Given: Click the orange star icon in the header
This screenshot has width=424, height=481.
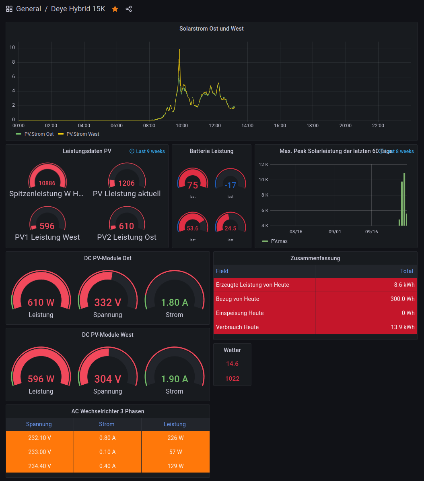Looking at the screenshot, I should pyautogui.click(x=115, y=9).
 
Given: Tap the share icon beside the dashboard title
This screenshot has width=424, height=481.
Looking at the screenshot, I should pyautogui.click(x=129, y=9).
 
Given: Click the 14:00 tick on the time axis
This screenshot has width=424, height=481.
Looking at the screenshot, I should pyautogui.click(x=247, y=126).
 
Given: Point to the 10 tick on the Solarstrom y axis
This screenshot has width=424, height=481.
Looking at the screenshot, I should pyautogui.click(x=12, y=48).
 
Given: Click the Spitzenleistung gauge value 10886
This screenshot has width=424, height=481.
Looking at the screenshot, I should pyautogui.click(x=47, y=183).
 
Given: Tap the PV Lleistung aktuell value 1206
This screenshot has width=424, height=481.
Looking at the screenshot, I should pyautogui.click(x=126, y=183).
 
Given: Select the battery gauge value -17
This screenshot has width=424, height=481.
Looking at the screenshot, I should pyautogui.click(x=230, y=185).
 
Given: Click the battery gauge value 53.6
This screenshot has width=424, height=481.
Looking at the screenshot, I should pyautogui.click(x=193, y=228).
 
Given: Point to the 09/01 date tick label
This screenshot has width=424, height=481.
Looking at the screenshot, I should pyautogui.click(x=335, y=232).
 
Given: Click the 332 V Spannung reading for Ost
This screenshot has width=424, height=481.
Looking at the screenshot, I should pyautogui.click(x=108, y=302).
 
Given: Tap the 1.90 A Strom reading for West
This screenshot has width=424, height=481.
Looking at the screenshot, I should pyautogui.click(x=175, y=379).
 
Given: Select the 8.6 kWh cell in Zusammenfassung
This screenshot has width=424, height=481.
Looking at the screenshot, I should pyautogui.click(x=404, y=285).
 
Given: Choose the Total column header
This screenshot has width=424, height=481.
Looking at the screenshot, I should pyautogui.click(x=406, y=271).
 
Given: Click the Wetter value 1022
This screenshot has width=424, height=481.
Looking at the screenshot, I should pyautogui.click(x=232, y=379).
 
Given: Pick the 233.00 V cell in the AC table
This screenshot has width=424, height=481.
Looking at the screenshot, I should pyautogui.click(x=39, y=452).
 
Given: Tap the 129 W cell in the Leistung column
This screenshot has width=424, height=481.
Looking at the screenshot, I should pyautogui.click(x=175, y=466).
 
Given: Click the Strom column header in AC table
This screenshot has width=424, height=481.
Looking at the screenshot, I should pyautogui.click(x=107, y=424).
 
